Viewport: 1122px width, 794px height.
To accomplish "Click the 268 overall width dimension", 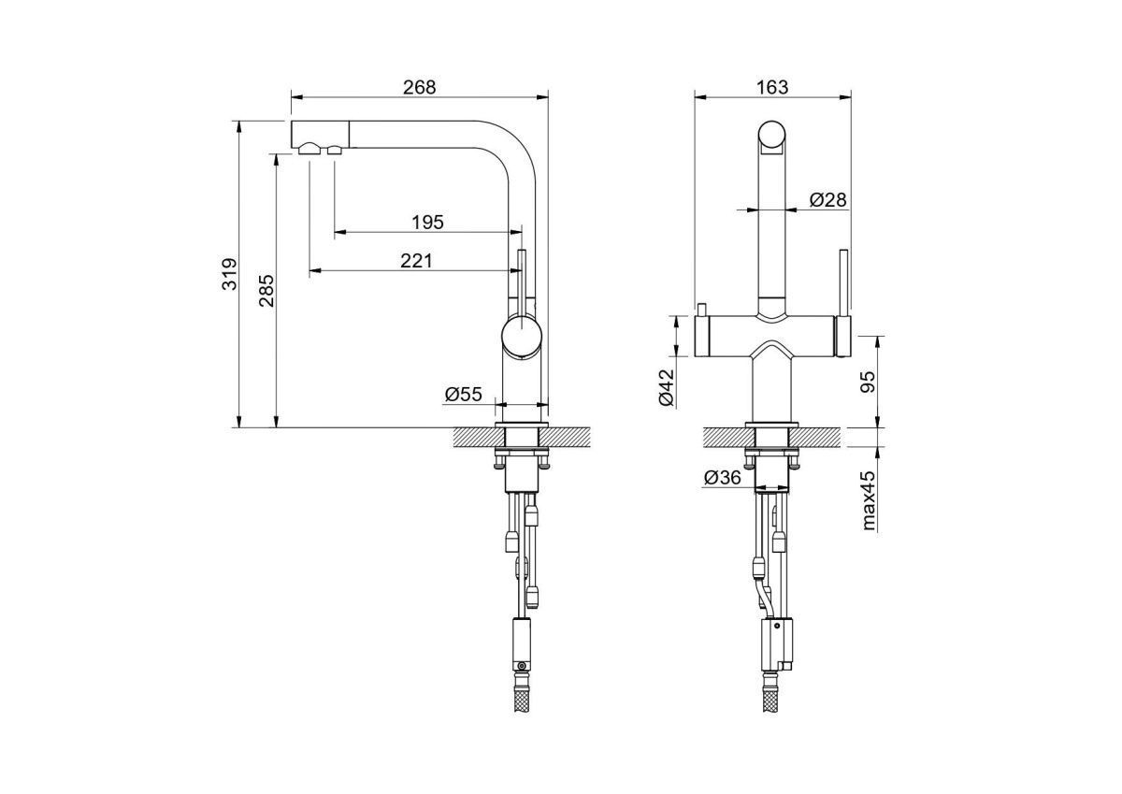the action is [419, 87].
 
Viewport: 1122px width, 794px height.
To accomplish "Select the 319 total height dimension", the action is [230, 274].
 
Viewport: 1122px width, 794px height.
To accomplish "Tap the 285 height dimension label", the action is [266, 291].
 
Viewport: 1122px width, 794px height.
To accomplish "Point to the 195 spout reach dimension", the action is [428, 222].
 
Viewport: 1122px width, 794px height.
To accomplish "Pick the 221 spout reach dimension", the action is [416, 261].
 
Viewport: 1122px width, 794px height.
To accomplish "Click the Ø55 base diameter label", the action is [463, 395].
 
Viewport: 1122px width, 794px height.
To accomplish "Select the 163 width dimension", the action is [772, 87].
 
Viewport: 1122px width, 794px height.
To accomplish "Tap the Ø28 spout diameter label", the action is [828, 200].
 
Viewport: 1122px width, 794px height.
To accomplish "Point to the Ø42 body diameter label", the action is [667, 387].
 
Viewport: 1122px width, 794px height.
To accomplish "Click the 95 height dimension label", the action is [867, 383].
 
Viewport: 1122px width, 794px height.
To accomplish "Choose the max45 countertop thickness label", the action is [869, 499].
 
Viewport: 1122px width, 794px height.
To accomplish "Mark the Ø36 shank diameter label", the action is [722, 477].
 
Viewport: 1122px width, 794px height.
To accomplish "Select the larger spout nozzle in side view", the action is [309, 149].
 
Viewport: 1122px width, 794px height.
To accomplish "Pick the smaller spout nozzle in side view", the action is [334, 150].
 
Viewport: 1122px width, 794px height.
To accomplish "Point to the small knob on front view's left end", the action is [701, 310].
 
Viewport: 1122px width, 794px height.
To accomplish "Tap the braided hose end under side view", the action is [522, 698].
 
